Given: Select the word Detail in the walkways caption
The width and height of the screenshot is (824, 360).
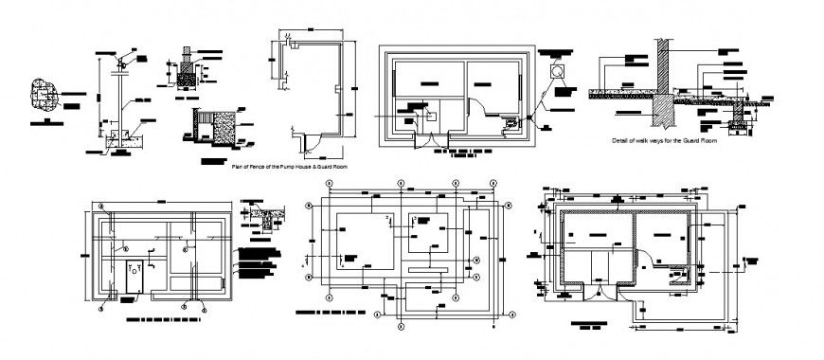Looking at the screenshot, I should (621, 140).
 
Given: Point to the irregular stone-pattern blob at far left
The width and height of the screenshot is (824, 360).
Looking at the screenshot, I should (45, 94).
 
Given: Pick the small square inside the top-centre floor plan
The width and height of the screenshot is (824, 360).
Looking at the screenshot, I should (428, 115).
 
